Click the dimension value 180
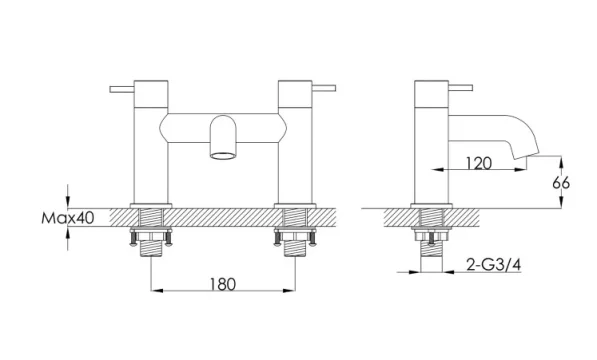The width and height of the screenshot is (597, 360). (224, 284)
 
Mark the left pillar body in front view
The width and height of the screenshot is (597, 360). (151, 150)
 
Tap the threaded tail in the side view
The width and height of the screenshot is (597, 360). (430, 245)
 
